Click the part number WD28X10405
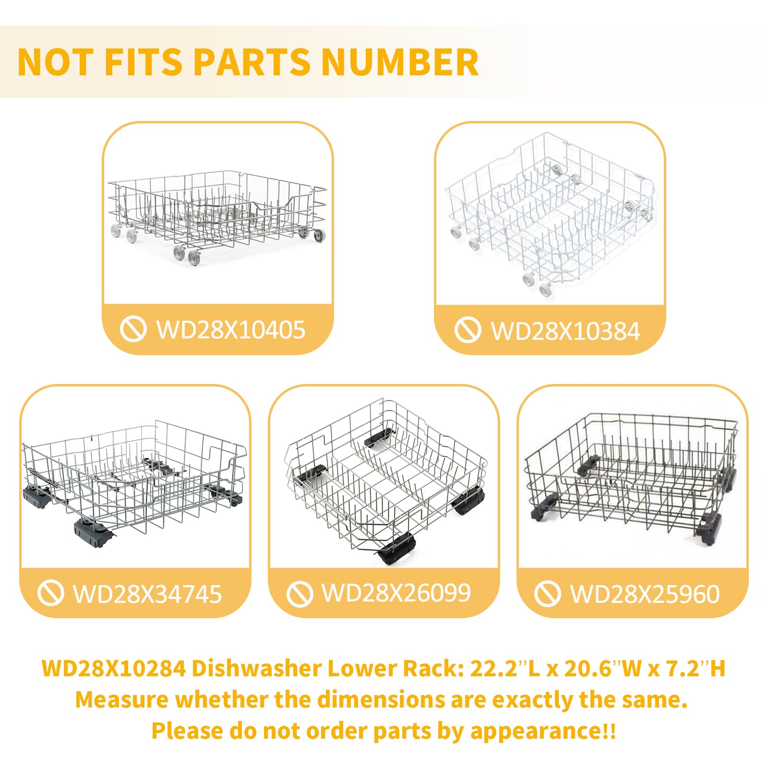231,330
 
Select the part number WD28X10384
565,331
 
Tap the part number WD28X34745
147,594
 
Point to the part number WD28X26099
396,593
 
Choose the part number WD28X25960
645,594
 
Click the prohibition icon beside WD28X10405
133,329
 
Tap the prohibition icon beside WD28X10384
468,330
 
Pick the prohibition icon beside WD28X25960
547,593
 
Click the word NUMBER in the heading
400,62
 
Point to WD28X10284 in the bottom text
114,668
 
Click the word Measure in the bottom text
121,699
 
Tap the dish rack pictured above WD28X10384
550,215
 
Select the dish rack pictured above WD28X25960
631,480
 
